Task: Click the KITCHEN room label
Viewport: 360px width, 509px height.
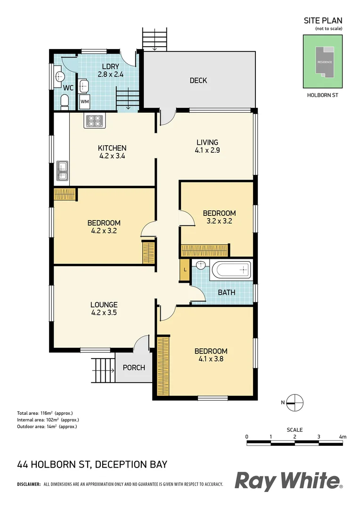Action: tap(112, 148)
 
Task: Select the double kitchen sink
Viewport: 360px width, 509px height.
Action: tap(62, 171)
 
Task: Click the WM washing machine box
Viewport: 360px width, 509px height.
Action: tap(84, 101)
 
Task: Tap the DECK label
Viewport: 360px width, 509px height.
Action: tap(198, 81)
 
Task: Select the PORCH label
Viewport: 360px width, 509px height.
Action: tap(134, 368)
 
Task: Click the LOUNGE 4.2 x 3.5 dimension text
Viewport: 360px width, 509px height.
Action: tap(104, 312)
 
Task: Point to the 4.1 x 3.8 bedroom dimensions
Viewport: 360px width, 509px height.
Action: tap(211, 359)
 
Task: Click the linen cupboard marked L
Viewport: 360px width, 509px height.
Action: tap(185, 270)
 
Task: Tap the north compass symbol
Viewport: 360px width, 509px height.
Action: tap(295, 402)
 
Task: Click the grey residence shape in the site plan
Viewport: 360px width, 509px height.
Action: tap(324, 61)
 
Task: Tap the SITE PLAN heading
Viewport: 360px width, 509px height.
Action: tap(323, 20)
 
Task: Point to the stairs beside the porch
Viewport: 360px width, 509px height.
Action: tap(103, 370)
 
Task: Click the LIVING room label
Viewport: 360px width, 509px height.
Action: tap(207, 142)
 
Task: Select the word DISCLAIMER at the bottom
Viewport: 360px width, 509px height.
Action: tap(29, 484)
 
